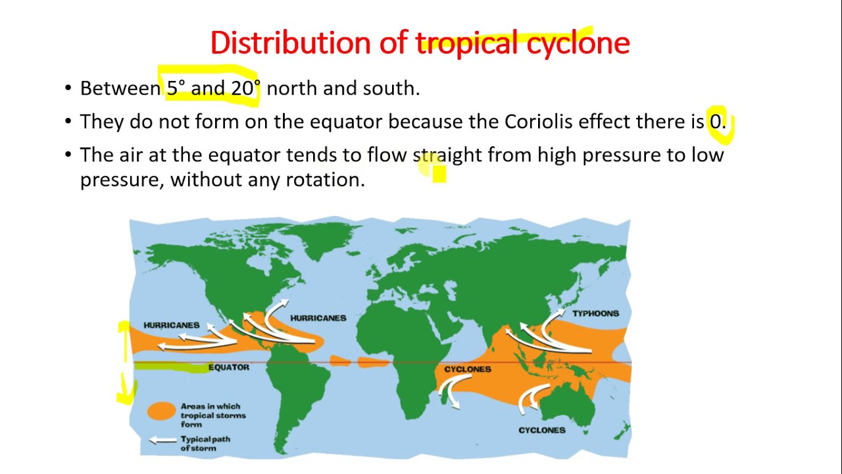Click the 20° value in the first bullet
pyautogui.click(x=245, y=88)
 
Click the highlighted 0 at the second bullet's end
pyautogui.click(x=716, y=122)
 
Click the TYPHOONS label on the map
pyautogui.click(x=595, y=314)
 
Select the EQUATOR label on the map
pyautogui.click(x=228, y=367)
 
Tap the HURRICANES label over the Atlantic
pyautogui.click(x=318, y=318)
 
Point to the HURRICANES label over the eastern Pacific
pyautogui.click(x=171, y=325)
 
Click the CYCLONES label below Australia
pyautogui.click(x=541, y=431)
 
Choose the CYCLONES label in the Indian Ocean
pyautogui.click(x=467, y=369)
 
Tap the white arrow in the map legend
pyautogui.click(x=162, y=440)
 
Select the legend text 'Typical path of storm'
pyautogui.click(x=205, y=444)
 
